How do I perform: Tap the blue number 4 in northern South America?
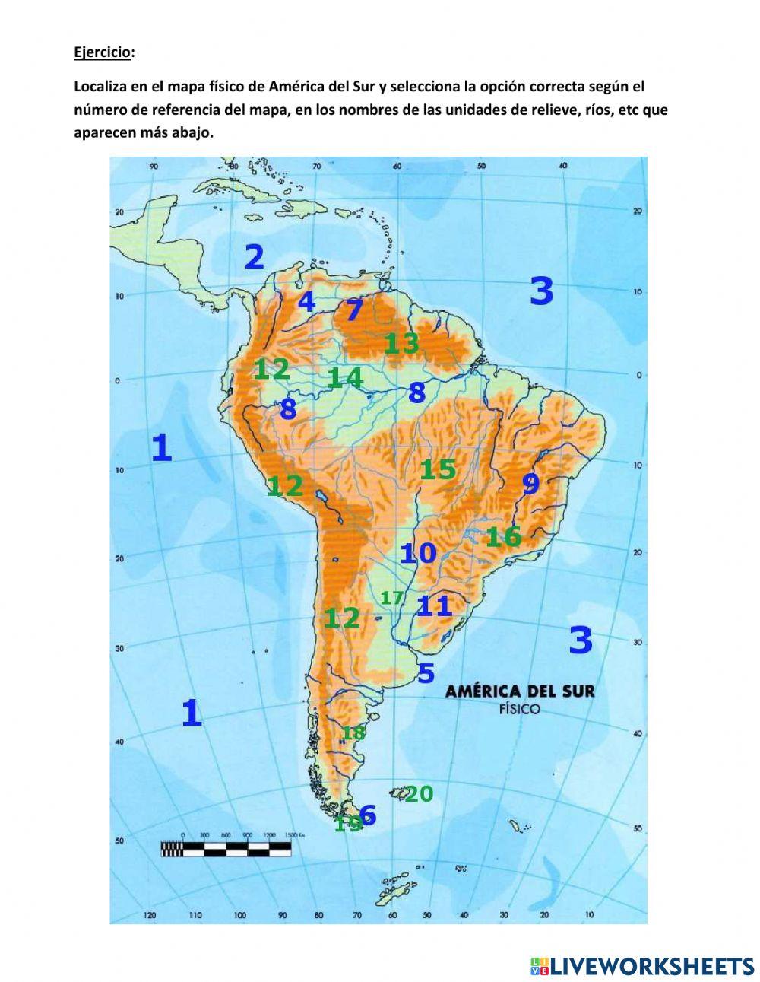pos(306,302)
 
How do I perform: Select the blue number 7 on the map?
pos(354,310)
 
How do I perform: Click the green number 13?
pos(401,344)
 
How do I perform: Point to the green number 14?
pos(345,377)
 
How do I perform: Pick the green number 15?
pos(438,469)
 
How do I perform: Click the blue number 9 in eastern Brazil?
pos(530,483)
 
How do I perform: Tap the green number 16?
pos(504,537)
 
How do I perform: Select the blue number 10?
pos(418,553)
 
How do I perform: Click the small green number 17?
pos(392,598)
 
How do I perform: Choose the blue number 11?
pos(435,606)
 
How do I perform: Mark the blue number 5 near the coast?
pos(426,673)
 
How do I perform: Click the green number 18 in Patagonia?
pos(353,733)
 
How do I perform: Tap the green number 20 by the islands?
pos(419,794)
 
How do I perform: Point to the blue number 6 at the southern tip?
pos(368,815)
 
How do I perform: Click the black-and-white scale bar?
pos(226,849)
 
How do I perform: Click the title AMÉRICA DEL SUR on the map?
pos(520,691)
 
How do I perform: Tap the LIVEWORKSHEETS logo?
pos(642,966)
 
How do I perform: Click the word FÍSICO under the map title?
pos(520,710)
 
